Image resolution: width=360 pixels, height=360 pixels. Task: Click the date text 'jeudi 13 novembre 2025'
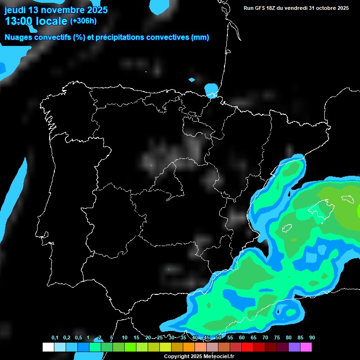[x=56, y=10]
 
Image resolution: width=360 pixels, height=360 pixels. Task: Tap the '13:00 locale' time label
[x=36, y=21]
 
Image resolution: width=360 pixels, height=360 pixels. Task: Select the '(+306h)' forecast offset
[x=83, y=21]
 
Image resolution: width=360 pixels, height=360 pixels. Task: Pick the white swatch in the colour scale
[x=48, y=347]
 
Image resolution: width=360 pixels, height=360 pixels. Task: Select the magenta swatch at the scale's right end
[x=306, y=347]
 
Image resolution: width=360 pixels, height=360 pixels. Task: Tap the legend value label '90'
[x=312, y=337]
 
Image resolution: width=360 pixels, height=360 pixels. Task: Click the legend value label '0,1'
[x=55, y=337]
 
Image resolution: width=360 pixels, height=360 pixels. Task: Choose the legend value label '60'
[x=241, y=337]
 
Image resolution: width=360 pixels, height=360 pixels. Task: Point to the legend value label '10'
[x=125, y=337]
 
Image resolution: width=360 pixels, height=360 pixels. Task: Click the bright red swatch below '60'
[x=247, y=347]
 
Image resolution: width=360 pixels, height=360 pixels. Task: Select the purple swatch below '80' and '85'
[x=294, y=347]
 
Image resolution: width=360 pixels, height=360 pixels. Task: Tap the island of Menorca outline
[x=347, y=199]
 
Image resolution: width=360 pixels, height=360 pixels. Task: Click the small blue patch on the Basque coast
[x=211, y=89]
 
